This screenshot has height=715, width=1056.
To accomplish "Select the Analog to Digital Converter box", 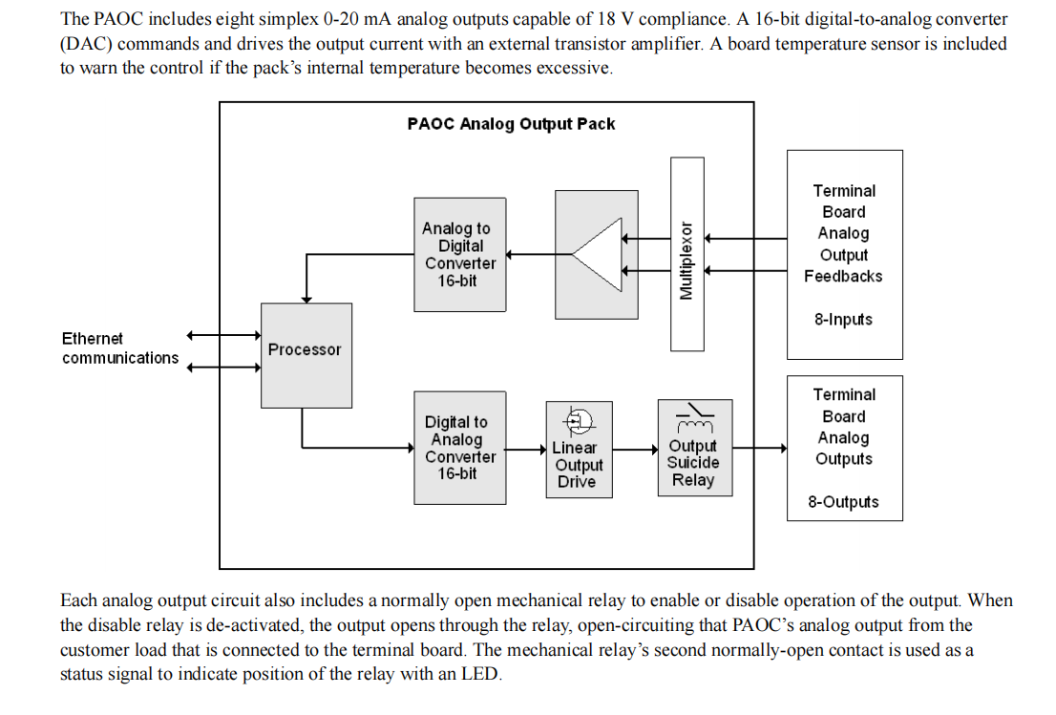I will point(459,255).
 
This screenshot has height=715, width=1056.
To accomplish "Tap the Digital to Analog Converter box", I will point(459,448).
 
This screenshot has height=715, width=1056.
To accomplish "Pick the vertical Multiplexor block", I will point(686,254).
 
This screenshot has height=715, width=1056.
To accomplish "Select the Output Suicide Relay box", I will point(694,462).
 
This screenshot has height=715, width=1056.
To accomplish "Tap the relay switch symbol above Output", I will point(694,415).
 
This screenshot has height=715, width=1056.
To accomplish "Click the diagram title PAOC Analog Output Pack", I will point(511,124).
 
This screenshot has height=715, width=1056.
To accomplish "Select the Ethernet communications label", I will point(119,348).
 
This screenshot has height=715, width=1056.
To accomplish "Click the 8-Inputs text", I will point(843,320).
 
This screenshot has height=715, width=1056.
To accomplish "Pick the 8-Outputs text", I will point(843,502).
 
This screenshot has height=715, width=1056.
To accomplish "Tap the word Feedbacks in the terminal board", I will point(843,277).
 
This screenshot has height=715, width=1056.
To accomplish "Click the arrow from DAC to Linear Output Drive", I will point(526,449).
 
